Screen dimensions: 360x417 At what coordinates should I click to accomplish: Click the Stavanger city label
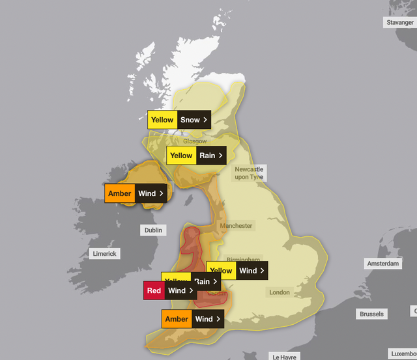pyautogui.click(x=399, y=22)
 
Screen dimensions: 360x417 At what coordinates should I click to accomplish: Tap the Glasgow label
pyautogui.click(x=195, y=141)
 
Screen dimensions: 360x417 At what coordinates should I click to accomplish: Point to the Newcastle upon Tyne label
pyautogui.click(x=249, y=173)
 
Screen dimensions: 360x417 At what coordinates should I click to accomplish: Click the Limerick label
pyautogui.click(x=104, y=254)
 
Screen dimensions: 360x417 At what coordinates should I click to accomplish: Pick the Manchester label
pyautogui.click(x=236, y=226)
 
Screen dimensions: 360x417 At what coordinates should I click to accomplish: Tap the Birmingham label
pyautogui.click(x=244, y=258)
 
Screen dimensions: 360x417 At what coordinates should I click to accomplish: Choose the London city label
pyautogui.click(x=280, y=292)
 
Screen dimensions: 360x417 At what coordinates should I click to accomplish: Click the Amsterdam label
pyautogui.click(x=383, y=264)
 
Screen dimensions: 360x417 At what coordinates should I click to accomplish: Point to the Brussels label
pyautogui.click(x=371, y=314)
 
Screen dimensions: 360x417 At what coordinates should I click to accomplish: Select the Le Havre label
pyautogui.click(x=285, y=357)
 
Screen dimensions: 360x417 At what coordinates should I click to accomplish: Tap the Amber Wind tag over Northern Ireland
pyautogui.click(x=135, y=193)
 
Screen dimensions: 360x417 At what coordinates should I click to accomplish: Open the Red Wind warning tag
pyautogui.click(x=170, y=290)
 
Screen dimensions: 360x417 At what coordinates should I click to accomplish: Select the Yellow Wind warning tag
pyautogui.click(x=237, y=270)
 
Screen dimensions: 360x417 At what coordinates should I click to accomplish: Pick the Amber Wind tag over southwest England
pyautogui.click(x=192, y=319)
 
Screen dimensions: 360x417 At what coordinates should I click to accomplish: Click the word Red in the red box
pyautogui.click(x=154, y=290)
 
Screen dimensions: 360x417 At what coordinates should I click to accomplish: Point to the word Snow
pyautogui.click(x=190, y=120)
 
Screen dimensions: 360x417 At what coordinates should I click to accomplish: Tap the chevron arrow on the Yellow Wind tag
pyautogui.click(x=262, y=270)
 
